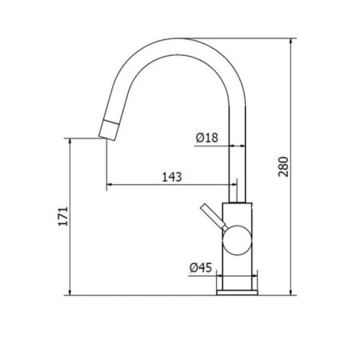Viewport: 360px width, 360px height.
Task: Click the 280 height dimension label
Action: (283, 166)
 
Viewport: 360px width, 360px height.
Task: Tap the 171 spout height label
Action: (63, 216)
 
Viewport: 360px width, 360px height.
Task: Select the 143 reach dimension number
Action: (172, 177)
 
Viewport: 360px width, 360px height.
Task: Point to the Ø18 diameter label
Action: (207, 138)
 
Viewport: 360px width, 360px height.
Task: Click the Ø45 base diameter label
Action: (201, 267)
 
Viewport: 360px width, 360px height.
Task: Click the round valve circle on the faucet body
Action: (238, 240)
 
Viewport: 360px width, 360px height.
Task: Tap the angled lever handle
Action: (214, 217)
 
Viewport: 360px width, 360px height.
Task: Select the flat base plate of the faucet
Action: (238, 293)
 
